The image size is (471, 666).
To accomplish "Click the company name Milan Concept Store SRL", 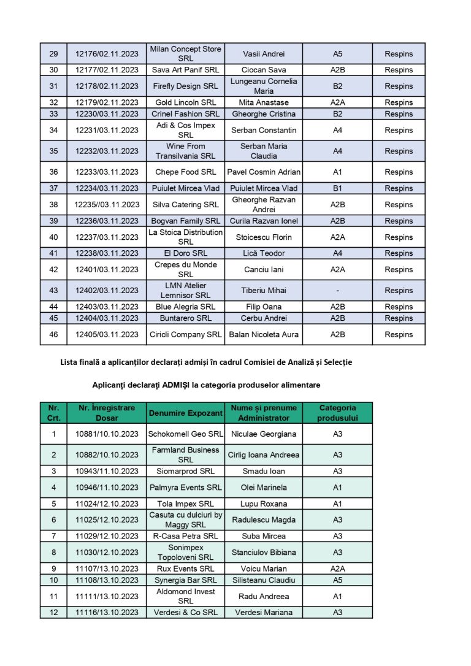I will click(x=186, y=53).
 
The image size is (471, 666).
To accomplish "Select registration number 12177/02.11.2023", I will click(x=107, y=70).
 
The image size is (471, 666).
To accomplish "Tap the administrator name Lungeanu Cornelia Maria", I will click(x=263, y=86).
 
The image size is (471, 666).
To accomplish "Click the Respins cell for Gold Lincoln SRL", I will click(x=399, y=102).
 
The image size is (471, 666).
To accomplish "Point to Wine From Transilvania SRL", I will click(x=186, y=151).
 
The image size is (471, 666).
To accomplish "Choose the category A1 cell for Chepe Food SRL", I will click(x=337, y=172).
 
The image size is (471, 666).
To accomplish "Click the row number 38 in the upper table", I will click(x=53, y=205).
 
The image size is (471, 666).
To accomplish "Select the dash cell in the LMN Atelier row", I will click(x=337, y=291).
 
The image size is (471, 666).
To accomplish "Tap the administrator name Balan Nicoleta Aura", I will click(x=263, y=335).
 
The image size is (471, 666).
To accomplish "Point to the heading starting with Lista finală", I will click(x=206, y=362).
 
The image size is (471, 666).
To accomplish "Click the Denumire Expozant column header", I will click(x=186, y=413).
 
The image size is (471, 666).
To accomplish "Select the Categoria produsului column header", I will click(x=337, y=413).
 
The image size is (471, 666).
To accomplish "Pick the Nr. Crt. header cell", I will click(x=53, y=413).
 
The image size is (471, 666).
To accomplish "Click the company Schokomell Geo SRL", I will click(x=186, y=434).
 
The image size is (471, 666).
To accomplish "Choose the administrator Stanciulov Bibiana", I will click(x=263, y=553).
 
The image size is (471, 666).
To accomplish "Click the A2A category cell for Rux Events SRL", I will click(x=337, y=569).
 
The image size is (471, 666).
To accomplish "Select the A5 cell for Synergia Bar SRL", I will click(x=337, y=580).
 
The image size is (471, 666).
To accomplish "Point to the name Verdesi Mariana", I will click(x=263, y=613).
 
